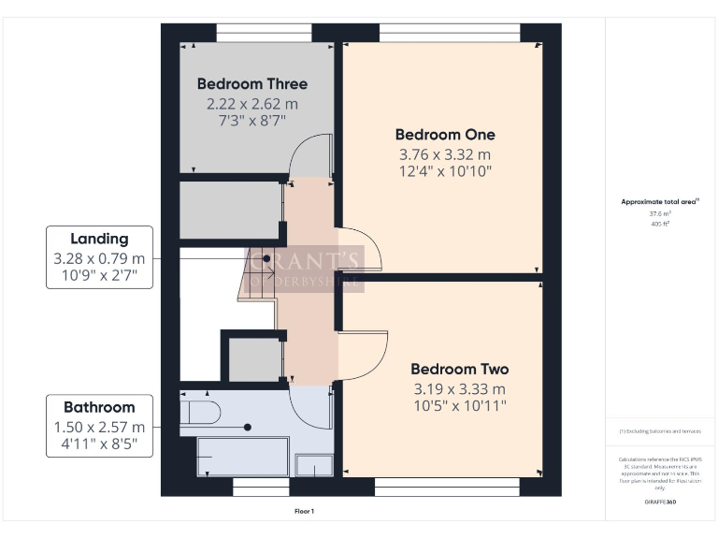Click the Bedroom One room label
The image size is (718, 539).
point(445,135)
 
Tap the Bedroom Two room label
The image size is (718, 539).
point(459,369)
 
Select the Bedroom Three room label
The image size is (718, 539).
point(252,84)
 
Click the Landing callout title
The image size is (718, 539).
point(99,239)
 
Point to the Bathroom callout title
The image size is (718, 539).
point(99,407)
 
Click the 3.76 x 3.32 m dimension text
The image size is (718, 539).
point(445,154)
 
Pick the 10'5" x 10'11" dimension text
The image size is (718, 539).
point(459,406)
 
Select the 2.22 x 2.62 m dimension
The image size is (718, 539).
point(252,103)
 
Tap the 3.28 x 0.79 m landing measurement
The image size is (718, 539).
point(99,258)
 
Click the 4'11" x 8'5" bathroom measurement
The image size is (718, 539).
point(99,444)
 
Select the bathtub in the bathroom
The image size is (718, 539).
point(242,457)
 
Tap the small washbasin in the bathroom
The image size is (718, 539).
point(312,465)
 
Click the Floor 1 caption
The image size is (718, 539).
point(304,512)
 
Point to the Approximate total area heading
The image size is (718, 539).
point(660,201)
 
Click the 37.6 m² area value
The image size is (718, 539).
point(660,214)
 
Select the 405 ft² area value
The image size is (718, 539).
point(660,224)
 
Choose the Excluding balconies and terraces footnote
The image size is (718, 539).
point(660,430)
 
